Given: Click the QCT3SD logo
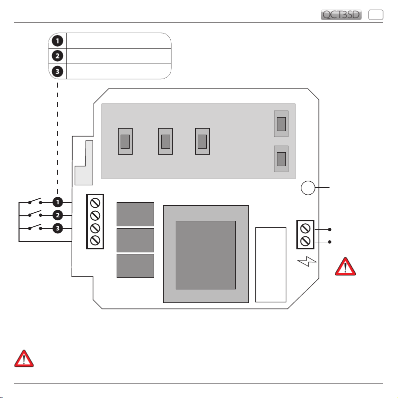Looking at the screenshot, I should pos(341,15).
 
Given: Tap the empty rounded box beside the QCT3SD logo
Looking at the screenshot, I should pos(375,15).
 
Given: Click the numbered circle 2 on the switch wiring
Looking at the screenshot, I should pos(58,216).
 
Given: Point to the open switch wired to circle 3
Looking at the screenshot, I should pos(35,228).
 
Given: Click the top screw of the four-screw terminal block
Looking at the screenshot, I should pos(95,203).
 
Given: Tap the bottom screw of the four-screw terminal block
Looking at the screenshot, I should pos(95,240).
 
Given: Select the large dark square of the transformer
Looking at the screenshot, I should pos(206,255).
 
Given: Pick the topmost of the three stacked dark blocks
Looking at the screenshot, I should pos(135,214).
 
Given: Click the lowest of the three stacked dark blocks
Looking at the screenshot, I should pos(135,265).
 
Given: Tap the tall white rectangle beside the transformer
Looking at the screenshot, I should pos(270,264).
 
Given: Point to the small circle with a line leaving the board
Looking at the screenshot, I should pos(308,188).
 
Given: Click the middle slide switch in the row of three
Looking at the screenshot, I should pos(165,142).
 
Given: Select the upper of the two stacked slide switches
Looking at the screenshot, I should pos(282,124).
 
